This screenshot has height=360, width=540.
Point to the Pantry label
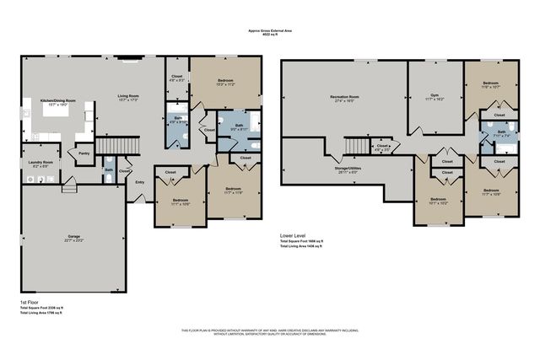click(x=84, y=153)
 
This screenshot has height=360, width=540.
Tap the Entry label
click(x=139, y=181)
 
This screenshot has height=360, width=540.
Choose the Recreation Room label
click(x=346, y=98)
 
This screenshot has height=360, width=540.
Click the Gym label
click(x=436, y=97)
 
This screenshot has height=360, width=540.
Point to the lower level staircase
click(x=355, y=148)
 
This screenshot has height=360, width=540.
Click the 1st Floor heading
click(x=31, y=302)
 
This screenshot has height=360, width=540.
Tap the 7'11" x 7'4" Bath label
click(x=501, y=133)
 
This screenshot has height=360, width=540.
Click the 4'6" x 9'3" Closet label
click(x=176, y=78)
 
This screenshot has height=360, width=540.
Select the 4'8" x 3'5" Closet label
click(x=384, y=147)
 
